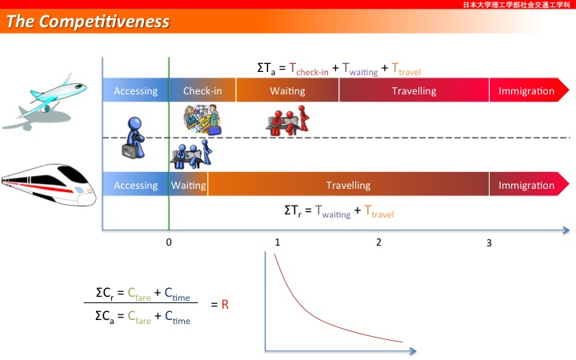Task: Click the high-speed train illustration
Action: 49,185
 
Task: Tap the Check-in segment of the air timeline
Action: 202,90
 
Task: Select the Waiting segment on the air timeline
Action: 287,90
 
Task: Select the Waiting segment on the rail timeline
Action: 189,184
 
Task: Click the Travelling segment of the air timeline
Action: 414,90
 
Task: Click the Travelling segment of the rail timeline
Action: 348,184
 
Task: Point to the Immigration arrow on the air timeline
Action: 529,90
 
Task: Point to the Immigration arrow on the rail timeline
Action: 529,184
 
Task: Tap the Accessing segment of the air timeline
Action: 135,90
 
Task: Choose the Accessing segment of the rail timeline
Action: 135,184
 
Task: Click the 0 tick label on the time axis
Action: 169,242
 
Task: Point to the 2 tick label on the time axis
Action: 378,242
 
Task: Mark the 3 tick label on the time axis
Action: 489,243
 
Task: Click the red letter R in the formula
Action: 225,305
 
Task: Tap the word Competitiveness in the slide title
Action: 104,22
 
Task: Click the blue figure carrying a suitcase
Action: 134,138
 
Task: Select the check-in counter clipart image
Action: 202,120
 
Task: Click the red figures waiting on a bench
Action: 288,121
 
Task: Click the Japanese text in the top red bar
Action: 517,5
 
